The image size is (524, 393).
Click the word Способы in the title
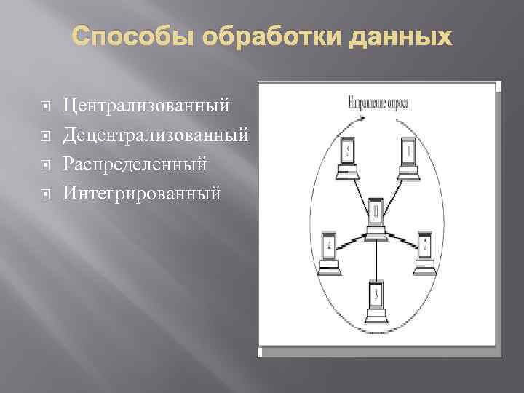125,36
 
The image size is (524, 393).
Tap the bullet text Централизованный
146,106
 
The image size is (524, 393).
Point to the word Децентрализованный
156,135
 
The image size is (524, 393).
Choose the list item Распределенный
135,164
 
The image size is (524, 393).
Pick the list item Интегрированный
140,193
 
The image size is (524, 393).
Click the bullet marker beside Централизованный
45,107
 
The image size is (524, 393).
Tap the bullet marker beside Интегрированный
45,194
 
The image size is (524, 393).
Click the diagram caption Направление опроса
378,103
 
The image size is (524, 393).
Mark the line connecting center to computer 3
376,258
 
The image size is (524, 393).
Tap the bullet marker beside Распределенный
45,165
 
